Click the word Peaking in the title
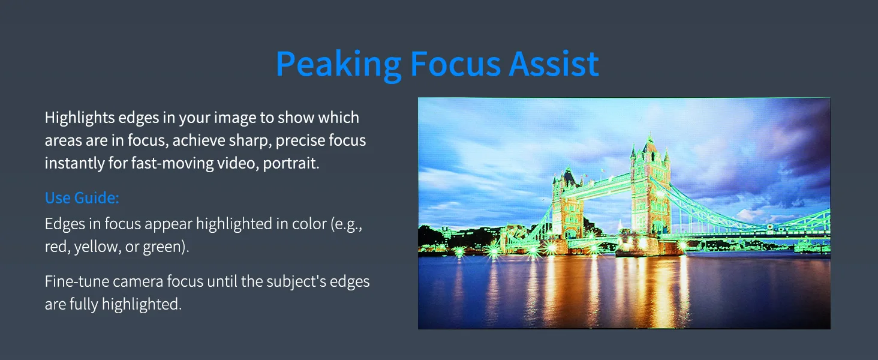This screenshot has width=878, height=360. tap(339, 65)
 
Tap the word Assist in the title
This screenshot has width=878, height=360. tap(554, 64)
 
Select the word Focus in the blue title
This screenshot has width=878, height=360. tap(455, 64)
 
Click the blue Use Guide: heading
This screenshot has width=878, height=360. tap(82, 198)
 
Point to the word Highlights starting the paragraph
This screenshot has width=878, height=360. tap(80, 118)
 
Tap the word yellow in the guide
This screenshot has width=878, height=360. tap(97, 247)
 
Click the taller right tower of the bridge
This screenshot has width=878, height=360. tap(650, 192)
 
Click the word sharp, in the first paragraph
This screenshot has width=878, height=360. tap(249, 141)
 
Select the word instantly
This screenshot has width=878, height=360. tap(74, 163)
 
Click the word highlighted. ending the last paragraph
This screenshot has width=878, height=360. tap(142, 304)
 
